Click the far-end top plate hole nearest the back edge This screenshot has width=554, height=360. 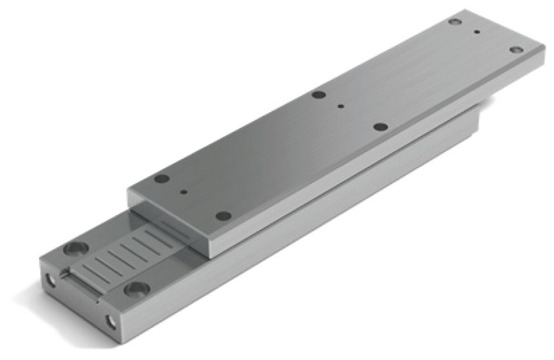click(455, 22)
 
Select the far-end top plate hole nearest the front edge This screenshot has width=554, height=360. click(515, 50)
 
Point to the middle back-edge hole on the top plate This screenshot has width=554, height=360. click(318, 95)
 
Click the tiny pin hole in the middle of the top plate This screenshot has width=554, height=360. click(341, 106)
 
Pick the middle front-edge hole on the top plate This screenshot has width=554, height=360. click(380, 126)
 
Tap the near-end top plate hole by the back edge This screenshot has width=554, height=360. click(162, 179)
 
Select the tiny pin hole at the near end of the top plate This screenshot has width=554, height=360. click(184, 191)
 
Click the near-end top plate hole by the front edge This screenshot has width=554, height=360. click(223, 216)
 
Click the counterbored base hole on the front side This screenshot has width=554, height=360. click(137, 290)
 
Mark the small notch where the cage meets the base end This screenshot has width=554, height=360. click(64, 274)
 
